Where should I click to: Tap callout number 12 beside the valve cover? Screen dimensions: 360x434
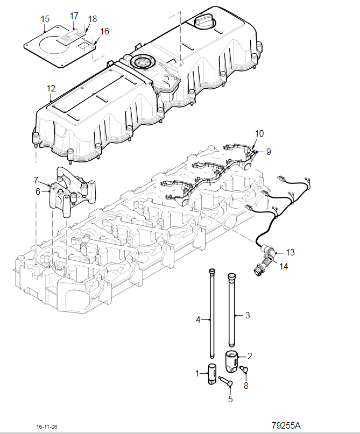pos(51,88)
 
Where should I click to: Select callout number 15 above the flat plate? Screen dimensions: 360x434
pos(45,19)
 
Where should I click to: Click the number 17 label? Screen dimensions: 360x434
pos(74,16)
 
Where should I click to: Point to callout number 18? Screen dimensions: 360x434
pos(93,19)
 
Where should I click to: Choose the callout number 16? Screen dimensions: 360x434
pos(105,31)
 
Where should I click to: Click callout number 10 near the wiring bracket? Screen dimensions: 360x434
pos(259,133)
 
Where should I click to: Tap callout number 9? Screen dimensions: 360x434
pos(269,152)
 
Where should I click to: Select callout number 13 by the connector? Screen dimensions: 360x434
pos(290,252)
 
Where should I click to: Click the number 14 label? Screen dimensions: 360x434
pos(284,266)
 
